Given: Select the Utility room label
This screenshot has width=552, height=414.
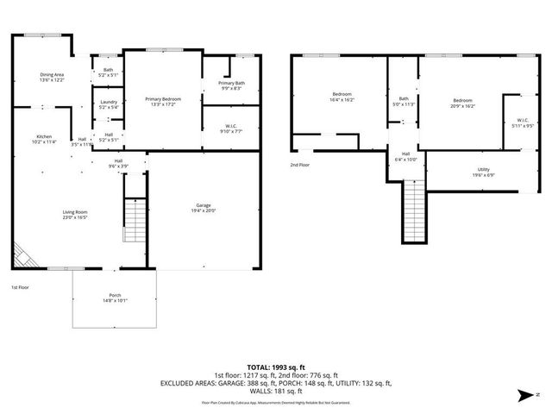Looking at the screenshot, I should (484, 172).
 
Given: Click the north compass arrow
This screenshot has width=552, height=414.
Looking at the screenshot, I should (524, 396).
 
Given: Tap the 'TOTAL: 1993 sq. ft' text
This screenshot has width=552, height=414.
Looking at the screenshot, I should (275, 367).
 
